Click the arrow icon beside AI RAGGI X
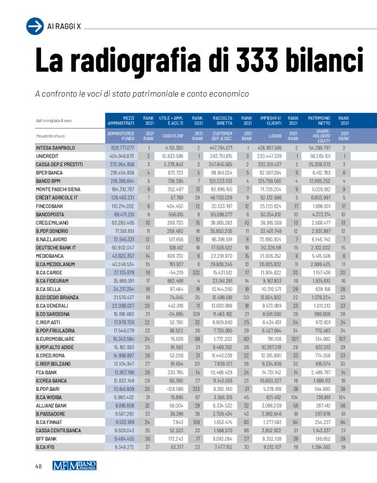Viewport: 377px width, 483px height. (x=34, y=25)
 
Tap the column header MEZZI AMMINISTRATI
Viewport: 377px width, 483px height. (x=120, y=121)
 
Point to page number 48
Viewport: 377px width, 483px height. (x=39, y=466)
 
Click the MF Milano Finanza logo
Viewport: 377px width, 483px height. (x=77, y=465)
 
